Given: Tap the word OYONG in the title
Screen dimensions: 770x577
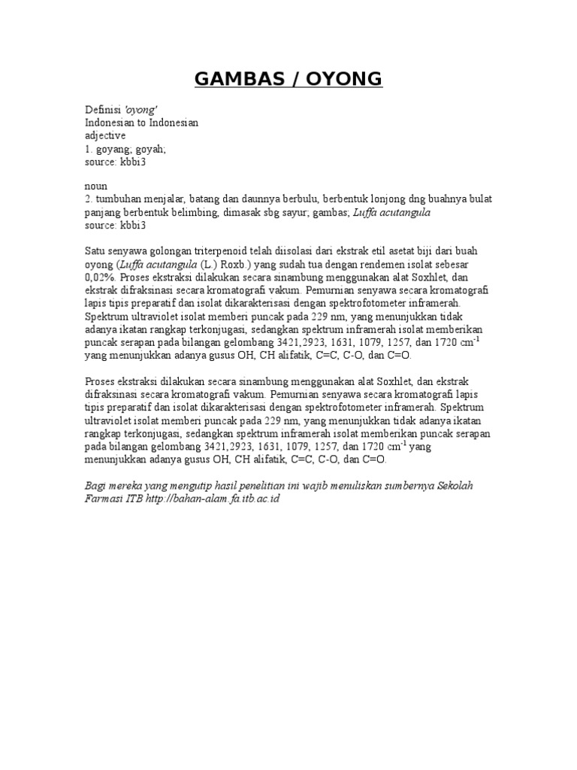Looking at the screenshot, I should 349,79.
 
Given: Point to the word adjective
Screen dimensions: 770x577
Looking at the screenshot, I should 105,136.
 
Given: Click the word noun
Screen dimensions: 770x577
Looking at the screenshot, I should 96,186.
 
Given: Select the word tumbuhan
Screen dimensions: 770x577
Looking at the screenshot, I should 117,199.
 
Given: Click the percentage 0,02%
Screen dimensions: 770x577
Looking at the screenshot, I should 101,277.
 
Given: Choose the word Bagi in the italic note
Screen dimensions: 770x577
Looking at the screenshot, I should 96,486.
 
